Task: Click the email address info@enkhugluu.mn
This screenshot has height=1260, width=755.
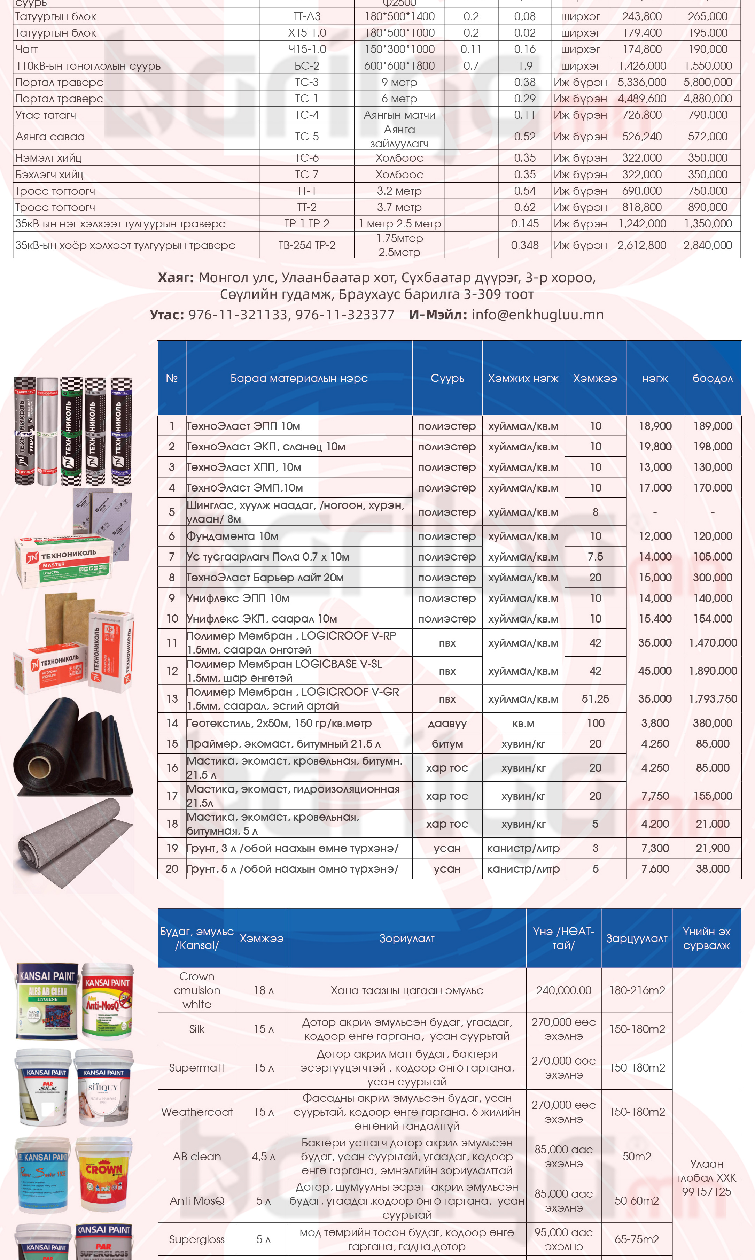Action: click(537, 315)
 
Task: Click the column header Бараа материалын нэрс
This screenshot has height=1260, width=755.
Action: click(299, 378)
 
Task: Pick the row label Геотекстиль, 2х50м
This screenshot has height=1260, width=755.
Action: click(279, 723)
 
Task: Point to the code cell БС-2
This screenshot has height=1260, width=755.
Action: click(307, 65)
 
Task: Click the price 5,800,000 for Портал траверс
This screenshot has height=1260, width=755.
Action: click(707, 82)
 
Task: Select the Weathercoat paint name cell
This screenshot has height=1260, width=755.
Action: click(197, 1112)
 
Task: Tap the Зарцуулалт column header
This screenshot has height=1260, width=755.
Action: click(637, 938)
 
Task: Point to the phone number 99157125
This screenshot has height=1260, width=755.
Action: click(706, 1191)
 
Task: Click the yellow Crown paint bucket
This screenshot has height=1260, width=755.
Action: click(104, 1176)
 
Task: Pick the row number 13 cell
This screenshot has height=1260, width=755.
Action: click(172, 699)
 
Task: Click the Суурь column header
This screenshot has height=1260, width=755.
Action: click(447, 378)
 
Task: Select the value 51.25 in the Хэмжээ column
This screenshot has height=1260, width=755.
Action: click(595, 699)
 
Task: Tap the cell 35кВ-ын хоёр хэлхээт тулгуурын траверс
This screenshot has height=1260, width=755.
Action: click(125, 245)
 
